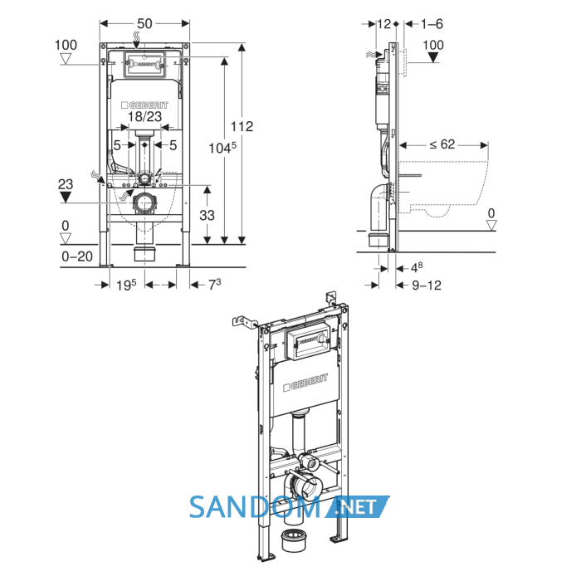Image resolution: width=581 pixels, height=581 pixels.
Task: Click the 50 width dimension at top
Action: point(144,24)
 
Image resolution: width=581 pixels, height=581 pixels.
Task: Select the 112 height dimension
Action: point(242,126)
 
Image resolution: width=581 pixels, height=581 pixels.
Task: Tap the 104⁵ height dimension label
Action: point(222,148)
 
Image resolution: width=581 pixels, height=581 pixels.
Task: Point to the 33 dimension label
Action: point(207,215)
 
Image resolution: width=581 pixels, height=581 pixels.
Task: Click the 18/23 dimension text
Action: point(144,116)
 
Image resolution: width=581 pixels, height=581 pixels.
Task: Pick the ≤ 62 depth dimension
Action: point(442,144)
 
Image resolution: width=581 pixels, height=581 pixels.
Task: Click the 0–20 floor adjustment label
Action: point(77,256)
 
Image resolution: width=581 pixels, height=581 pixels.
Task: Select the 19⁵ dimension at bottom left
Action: point(126,285)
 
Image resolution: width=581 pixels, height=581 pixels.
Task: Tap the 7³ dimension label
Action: point(214,285)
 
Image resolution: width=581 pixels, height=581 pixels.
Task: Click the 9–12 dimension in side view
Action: point(427,285)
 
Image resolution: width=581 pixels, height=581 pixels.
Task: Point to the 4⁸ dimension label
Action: point(417,267)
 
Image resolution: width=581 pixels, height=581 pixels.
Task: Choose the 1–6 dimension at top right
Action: point(432,24)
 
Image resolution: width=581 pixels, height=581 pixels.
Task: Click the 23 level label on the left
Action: point(66,184)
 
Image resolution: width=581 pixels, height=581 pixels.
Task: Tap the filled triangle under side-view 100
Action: point(433,57)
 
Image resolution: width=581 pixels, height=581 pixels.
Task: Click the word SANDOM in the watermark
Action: point(255,507)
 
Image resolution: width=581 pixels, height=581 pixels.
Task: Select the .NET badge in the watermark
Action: point(357,506)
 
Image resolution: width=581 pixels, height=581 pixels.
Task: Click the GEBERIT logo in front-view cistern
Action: point(144,105)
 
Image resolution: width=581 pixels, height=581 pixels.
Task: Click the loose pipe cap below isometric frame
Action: point(293,539)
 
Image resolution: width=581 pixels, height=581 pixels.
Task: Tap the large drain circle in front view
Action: point(144,203)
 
